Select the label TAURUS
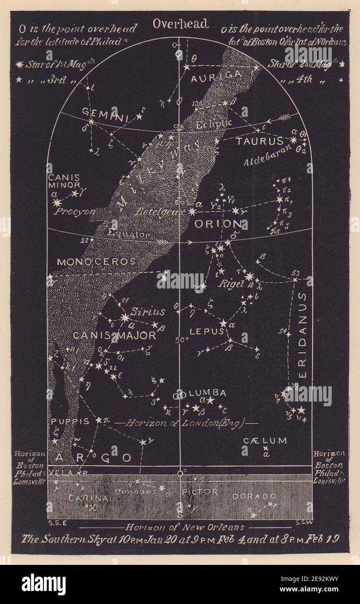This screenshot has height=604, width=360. tap(260, 141)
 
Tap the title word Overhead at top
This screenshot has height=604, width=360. tap(180, 24)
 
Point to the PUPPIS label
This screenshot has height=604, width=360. tap(70, 421)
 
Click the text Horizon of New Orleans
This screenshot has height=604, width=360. tap(185, 527)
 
